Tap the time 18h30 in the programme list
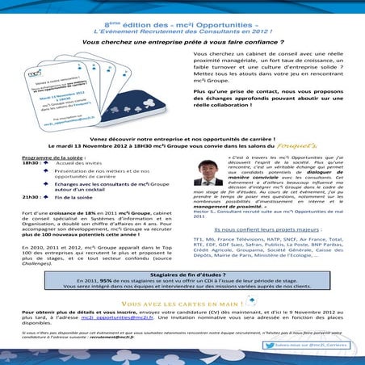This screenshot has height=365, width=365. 34,162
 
